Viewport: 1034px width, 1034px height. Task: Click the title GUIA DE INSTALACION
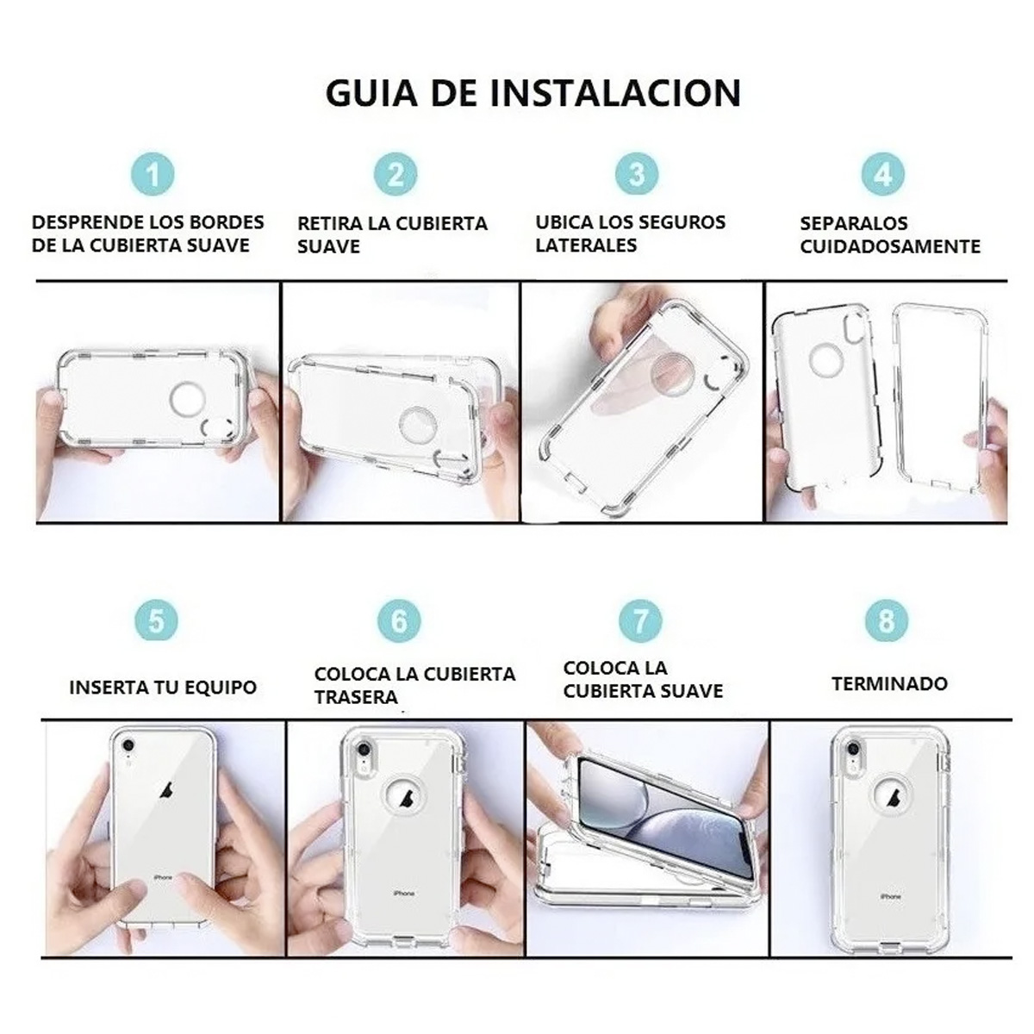pos(533,92)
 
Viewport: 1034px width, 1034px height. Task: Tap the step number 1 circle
pos(153,175)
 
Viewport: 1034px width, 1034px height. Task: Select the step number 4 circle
pos(882,175)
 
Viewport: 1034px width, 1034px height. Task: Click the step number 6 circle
pos(399,620)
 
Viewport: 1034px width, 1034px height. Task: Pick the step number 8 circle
pos(886,620)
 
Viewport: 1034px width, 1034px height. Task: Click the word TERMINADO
pos(889,684)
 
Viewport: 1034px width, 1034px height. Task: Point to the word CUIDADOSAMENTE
pos(890,246)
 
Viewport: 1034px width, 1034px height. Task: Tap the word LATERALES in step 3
pos(586,246)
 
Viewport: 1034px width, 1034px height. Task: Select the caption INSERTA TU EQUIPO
pos(163,688)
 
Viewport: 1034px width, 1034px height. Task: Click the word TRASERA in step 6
pos(356,697)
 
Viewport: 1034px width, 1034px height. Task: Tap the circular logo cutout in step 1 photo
pos(188,402)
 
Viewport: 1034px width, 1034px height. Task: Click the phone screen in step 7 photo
pos(655,810)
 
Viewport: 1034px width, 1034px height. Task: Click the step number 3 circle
pos(637,175)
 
